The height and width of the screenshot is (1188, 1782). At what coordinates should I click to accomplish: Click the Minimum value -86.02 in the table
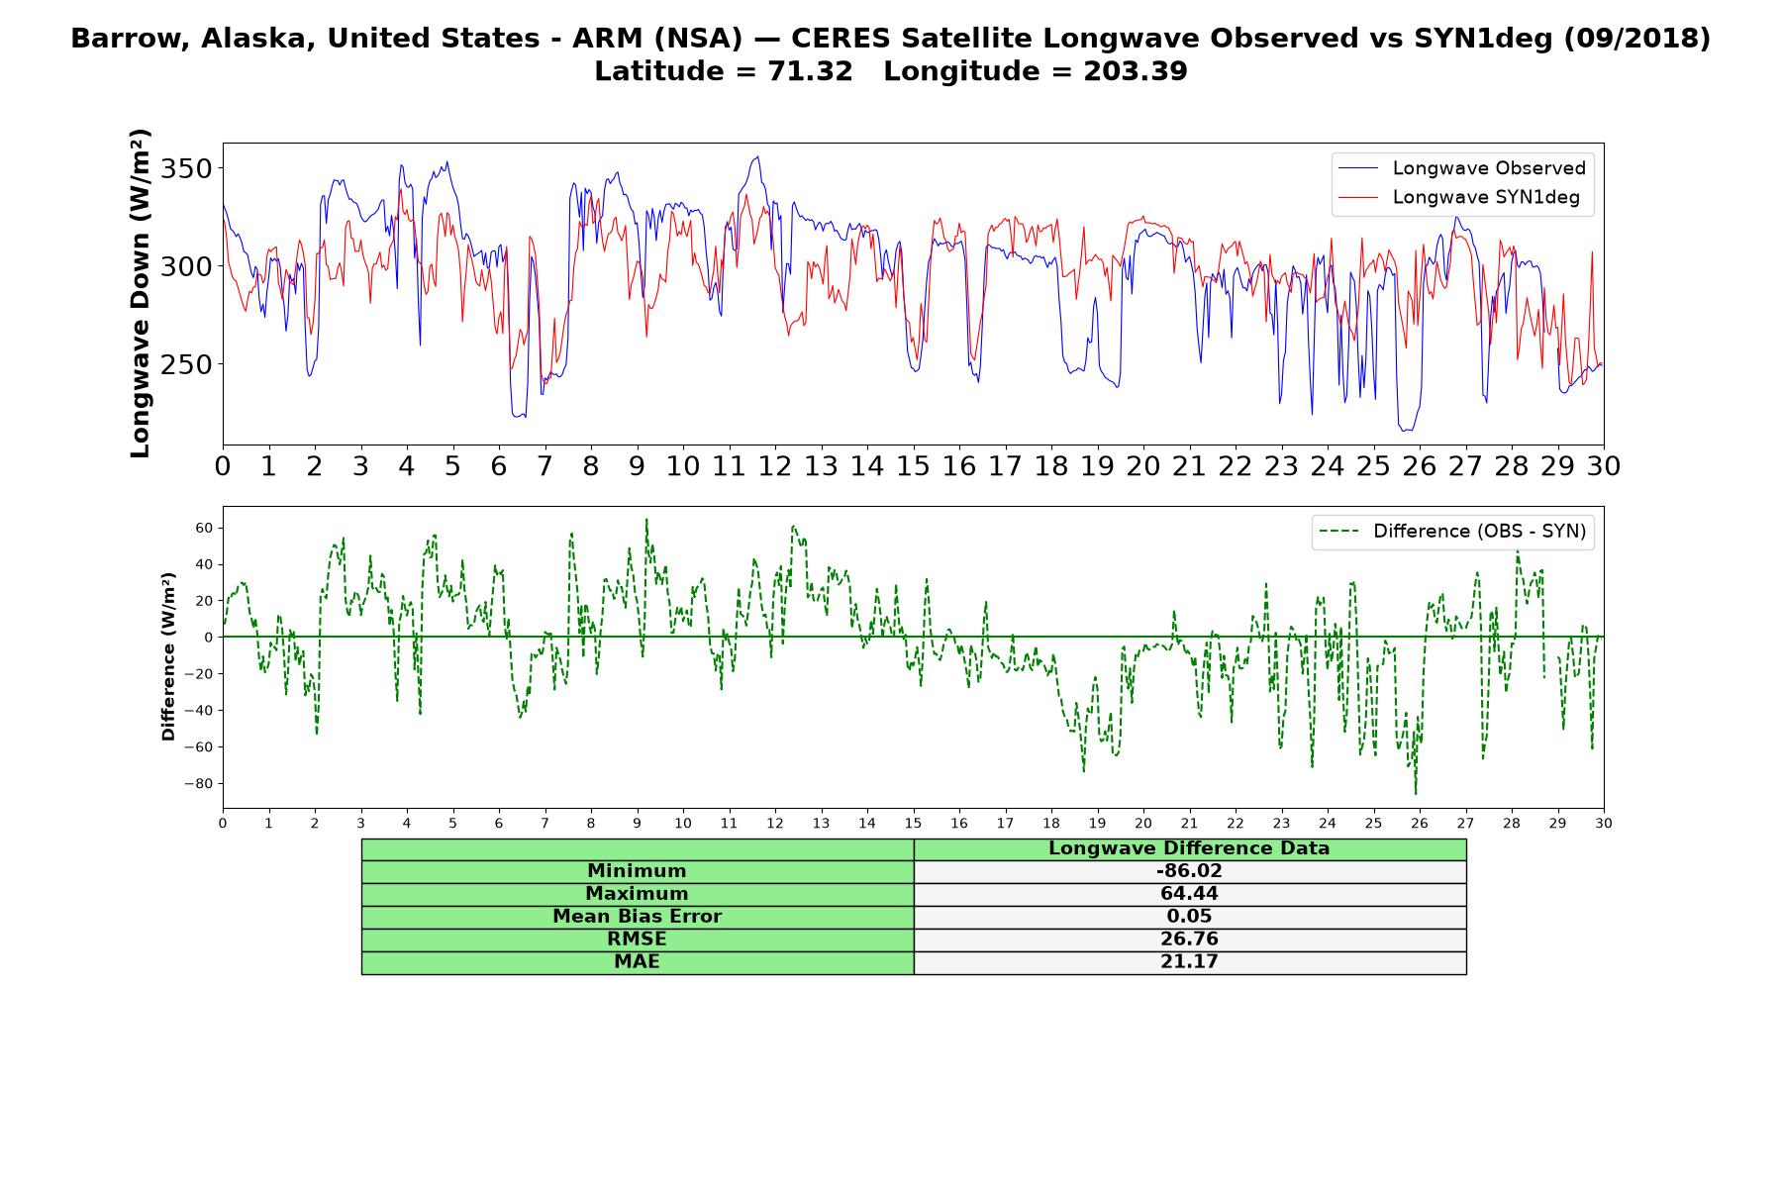click(1189, 871)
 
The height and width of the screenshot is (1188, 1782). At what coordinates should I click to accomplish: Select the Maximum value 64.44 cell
click(1189, 894)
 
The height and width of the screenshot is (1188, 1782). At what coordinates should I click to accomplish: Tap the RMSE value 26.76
click(1189, 940)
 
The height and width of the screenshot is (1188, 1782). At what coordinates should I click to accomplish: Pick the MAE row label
click(637, 962)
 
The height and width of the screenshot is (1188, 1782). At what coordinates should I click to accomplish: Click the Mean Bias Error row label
click(637, 917)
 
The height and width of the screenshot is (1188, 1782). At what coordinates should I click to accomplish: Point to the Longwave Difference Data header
click(1189, 848)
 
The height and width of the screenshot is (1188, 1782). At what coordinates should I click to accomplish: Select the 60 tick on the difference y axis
click(203, 528)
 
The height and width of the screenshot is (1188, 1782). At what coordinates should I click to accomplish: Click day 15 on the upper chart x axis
click(913, 465)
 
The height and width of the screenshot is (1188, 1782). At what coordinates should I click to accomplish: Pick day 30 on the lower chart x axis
click(1604, 823)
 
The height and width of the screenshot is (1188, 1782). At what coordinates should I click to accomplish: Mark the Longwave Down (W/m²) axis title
click(140, 293)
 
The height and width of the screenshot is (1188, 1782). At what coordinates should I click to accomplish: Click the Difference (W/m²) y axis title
click(168, 657)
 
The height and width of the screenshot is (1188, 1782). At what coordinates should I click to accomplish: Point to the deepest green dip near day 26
click(1416, 793)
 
